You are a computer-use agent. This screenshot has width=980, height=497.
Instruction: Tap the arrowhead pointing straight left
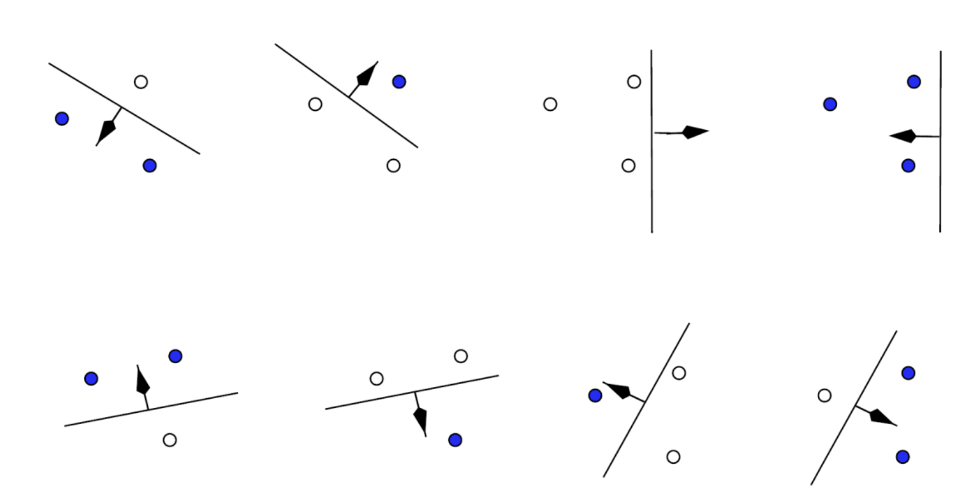903,136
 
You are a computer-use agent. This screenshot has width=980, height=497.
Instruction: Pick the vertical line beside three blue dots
940,186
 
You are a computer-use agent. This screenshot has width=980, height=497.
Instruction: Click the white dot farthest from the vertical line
550,104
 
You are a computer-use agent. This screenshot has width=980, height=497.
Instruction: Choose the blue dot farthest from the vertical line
830,104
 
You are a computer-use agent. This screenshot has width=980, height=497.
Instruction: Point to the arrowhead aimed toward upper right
368,73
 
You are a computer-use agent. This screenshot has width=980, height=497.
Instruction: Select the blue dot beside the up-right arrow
399,82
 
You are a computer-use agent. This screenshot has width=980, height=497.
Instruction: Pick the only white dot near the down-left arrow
141,82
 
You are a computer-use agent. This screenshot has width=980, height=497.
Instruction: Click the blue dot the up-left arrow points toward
595,395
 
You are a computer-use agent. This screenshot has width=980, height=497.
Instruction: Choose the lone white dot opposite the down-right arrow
824,395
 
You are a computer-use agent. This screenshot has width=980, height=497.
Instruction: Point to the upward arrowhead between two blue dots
142,380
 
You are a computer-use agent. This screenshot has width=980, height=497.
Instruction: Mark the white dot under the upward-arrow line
169,440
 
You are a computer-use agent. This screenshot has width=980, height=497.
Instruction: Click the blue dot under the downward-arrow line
455,440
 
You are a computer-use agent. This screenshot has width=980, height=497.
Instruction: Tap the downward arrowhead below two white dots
421,421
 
